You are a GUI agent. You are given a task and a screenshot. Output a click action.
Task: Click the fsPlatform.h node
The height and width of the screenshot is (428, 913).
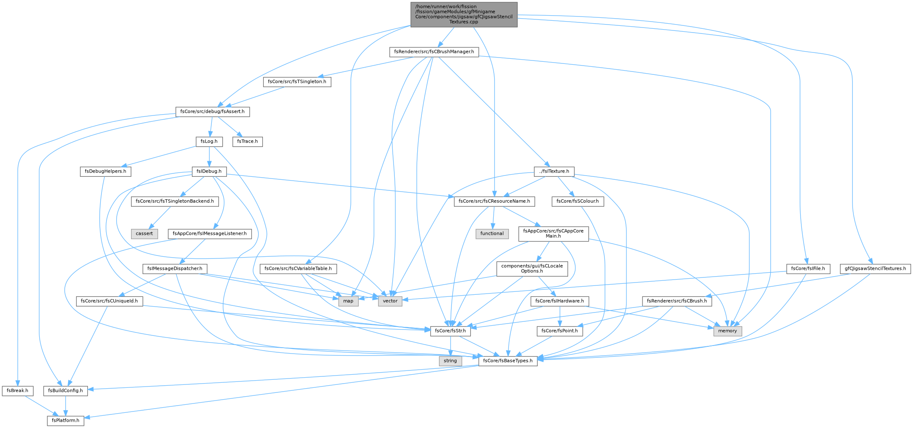(66, 421)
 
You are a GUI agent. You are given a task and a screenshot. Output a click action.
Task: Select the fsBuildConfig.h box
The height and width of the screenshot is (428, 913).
(66, 391)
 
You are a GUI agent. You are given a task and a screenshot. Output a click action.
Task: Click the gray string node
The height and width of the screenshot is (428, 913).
(450, 361)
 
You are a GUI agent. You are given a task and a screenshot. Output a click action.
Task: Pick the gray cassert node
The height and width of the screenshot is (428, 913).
(144, 233)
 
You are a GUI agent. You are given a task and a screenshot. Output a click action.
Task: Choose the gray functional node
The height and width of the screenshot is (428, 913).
(492, 233)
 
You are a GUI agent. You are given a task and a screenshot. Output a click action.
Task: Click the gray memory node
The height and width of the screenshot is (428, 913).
(727, 331)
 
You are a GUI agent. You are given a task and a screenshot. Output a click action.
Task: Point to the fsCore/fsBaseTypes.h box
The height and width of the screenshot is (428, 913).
(508, 361)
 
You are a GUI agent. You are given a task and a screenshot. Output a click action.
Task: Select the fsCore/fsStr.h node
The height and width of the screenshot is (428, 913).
(451, 331)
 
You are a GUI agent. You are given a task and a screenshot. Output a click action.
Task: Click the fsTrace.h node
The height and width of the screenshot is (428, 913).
(247, 141)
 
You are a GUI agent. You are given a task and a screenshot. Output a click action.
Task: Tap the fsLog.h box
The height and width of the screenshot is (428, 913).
(209, 141)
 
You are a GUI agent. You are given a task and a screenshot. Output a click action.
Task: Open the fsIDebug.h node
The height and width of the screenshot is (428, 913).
(209, 172)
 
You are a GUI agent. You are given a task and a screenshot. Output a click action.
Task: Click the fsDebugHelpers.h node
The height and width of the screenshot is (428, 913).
(106, 172)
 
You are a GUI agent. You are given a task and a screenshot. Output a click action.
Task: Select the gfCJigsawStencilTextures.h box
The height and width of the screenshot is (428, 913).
(875, 269)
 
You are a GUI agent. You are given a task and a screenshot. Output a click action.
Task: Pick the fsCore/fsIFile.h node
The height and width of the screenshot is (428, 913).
(808, 269)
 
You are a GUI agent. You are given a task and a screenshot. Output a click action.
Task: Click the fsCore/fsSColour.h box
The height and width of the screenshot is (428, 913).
(577, 202)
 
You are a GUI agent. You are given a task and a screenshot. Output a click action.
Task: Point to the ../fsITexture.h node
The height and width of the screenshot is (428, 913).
(552, 172)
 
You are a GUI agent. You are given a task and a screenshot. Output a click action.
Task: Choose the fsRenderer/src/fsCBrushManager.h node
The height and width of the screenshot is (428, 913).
(434, 52)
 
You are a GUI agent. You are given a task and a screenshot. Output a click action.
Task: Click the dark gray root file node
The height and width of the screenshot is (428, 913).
(464, 15)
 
